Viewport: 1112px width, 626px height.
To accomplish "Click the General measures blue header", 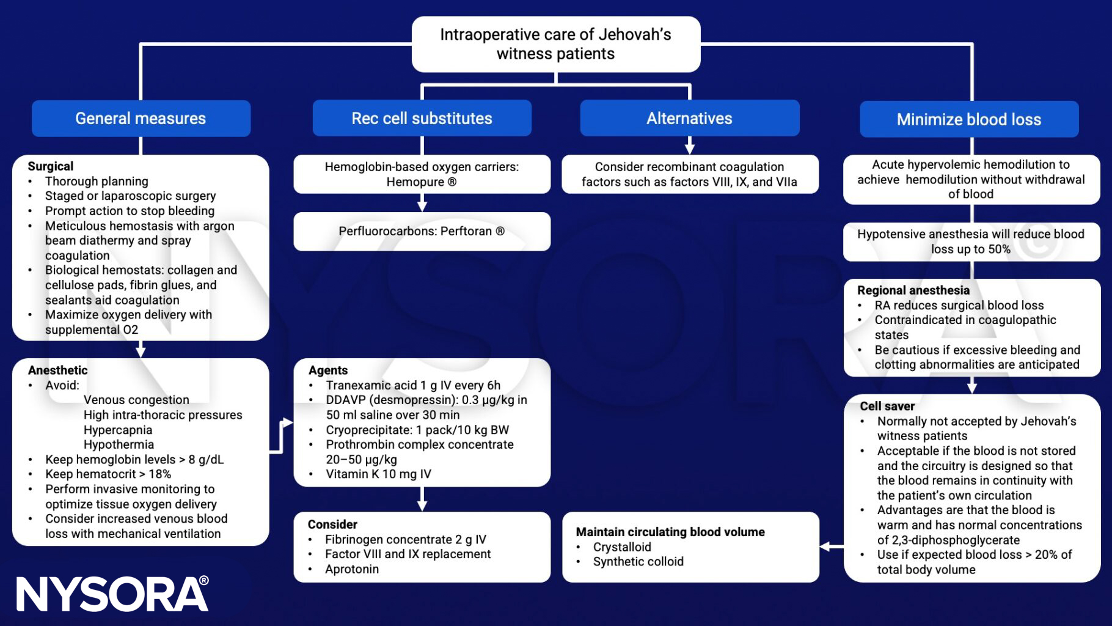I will click(x=141, y=119).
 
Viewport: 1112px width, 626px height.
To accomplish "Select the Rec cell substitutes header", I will click(x=422, y=119).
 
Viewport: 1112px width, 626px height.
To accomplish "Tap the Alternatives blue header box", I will click(x=689, y=119).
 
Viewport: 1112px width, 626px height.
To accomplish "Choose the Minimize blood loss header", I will click(x=968, y=120).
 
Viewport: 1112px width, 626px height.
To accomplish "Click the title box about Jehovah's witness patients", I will click(x=555, y=44).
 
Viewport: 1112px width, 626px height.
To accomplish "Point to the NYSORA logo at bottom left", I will click(x=112, y=594).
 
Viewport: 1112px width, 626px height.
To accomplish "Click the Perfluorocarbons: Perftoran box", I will click(x=422, y=231).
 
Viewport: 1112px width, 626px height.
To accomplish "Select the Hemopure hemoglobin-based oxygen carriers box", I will click(x=422, y=174).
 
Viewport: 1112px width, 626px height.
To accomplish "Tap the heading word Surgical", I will click(x=51, y=166).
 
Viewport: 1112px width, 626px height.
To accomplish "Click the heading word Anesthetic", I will click(x=58, y=370).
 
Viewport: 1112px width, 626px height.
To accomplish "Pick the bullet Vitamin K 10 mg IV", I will click(x=378, y=474).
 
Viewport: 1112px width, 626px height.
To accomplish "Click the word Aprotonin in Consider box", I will click(x=352, y=569).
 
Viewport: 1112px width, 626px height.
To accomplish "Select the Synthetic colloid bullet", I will click(x=638, y=562).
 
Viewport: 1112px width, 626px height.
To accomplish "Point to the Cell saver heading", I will click(x=887, y=407).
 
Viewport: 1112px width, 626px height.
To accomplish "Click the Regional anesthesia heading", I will click(x=913, y=290).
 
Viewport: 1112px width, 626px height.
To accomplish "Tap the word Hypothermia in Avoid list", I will click(x=119, y=444).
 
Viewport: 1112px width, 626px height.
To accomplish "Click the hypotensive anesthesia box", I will click(x=970, y=241).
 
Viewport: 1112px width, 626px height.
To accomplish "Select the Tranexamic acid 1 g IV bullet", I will click(x=412, y=385).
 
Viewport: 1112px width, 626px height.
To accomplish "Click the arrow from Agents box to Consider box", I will click(x=422, y=500).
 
